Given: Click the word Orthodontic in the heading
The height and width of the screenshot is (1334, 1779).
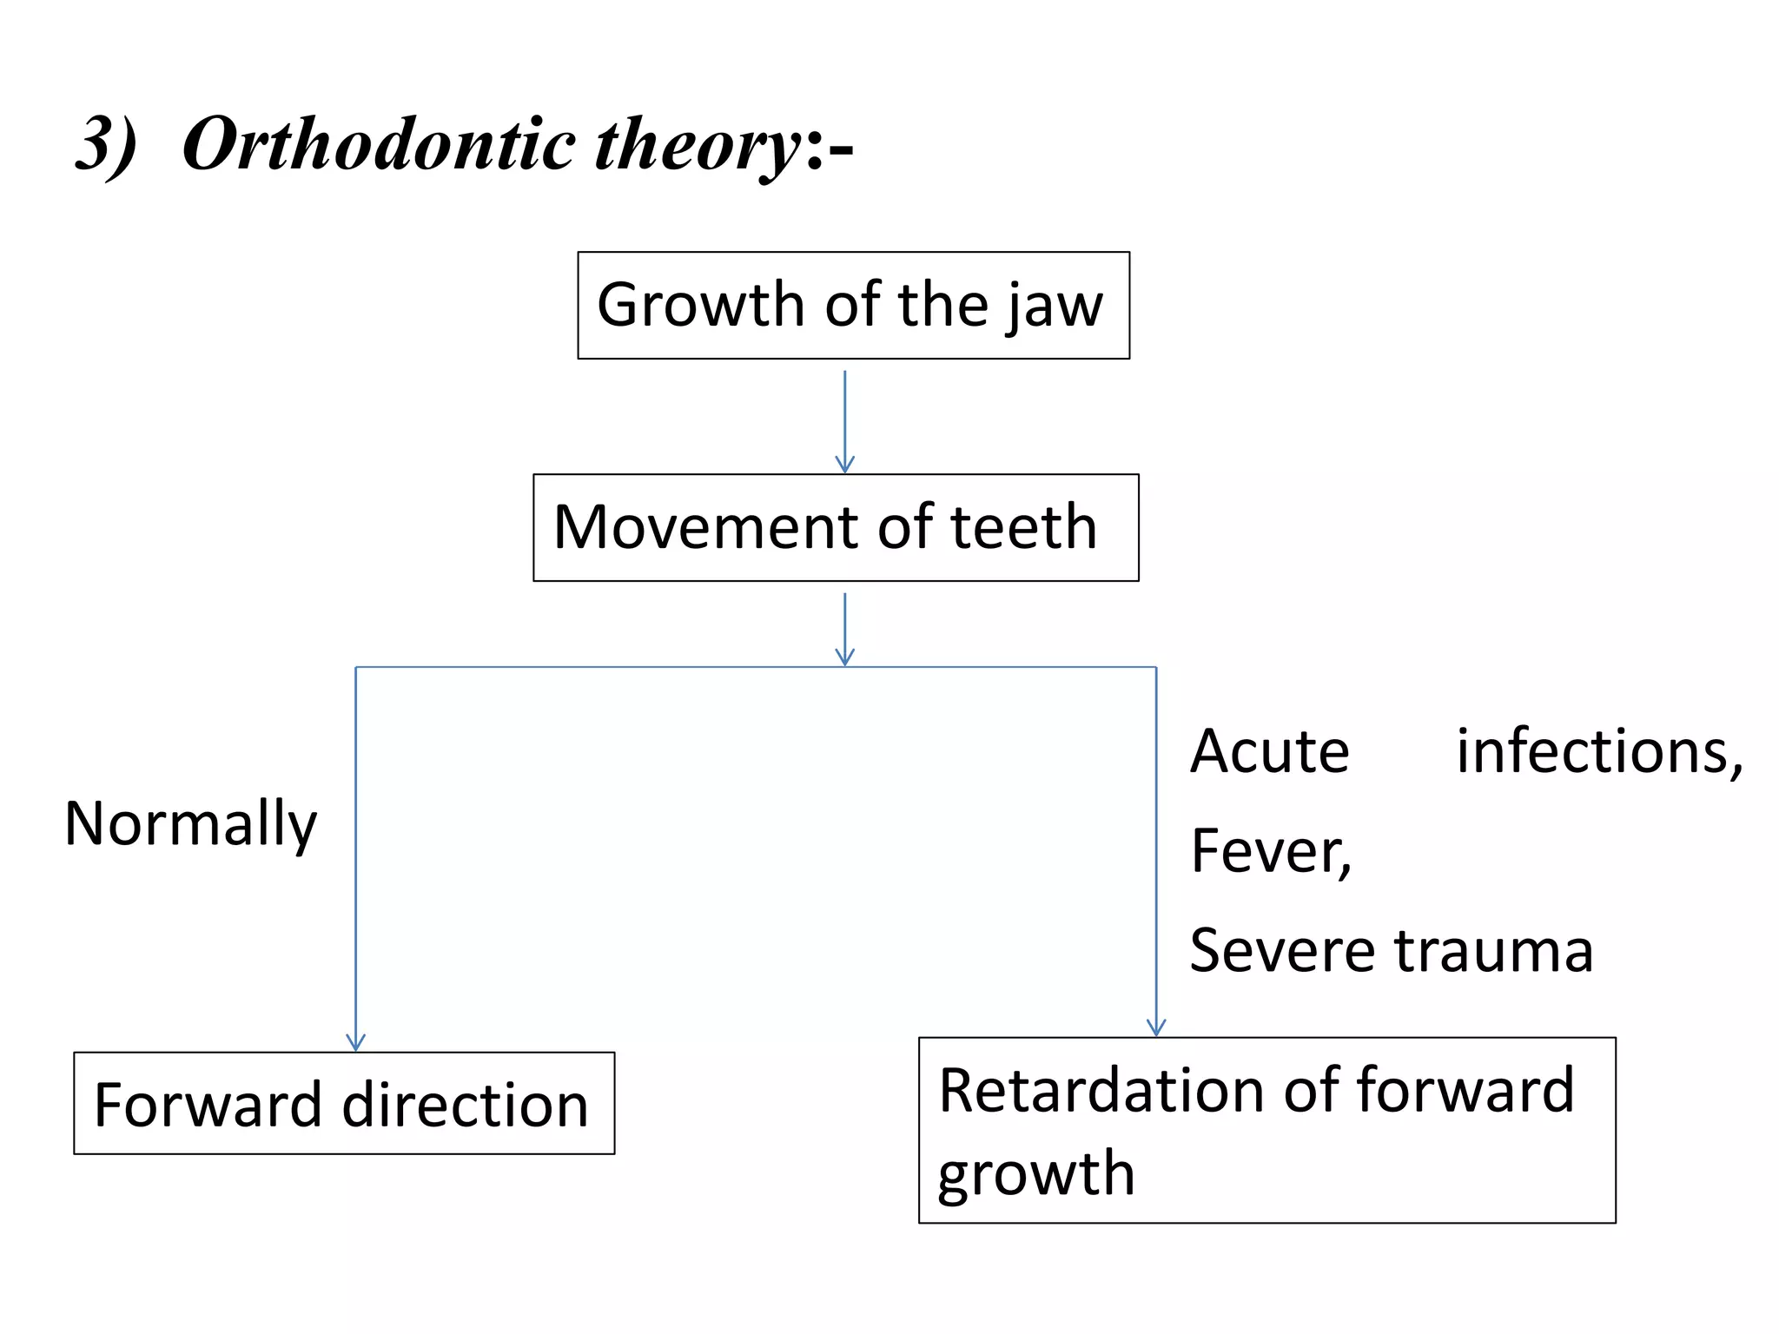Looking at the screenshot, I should coord(379,144).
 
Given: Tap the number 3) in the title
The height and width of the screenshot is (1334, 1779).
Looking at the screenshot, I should coord(106,144).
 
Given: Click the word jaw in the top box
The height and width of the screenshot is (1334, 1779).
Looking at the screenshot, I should coord(1053,306).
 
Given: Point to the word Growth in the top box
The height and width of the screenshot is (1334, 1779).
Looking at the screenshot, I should coord(702,305).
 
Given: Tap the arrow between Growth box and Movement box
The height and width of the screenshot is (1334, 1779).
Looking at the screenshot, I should coord(844,421).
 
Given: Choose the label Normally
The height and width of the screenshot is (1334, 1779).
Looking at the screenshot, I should coord(191,823).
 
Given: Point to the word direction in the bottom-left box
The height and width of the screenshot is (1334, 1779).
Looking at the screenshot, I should coord(466,1105).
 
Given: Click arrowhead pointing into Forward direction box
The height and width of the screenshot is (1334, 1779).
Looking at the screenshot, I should coord(355,1042).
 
